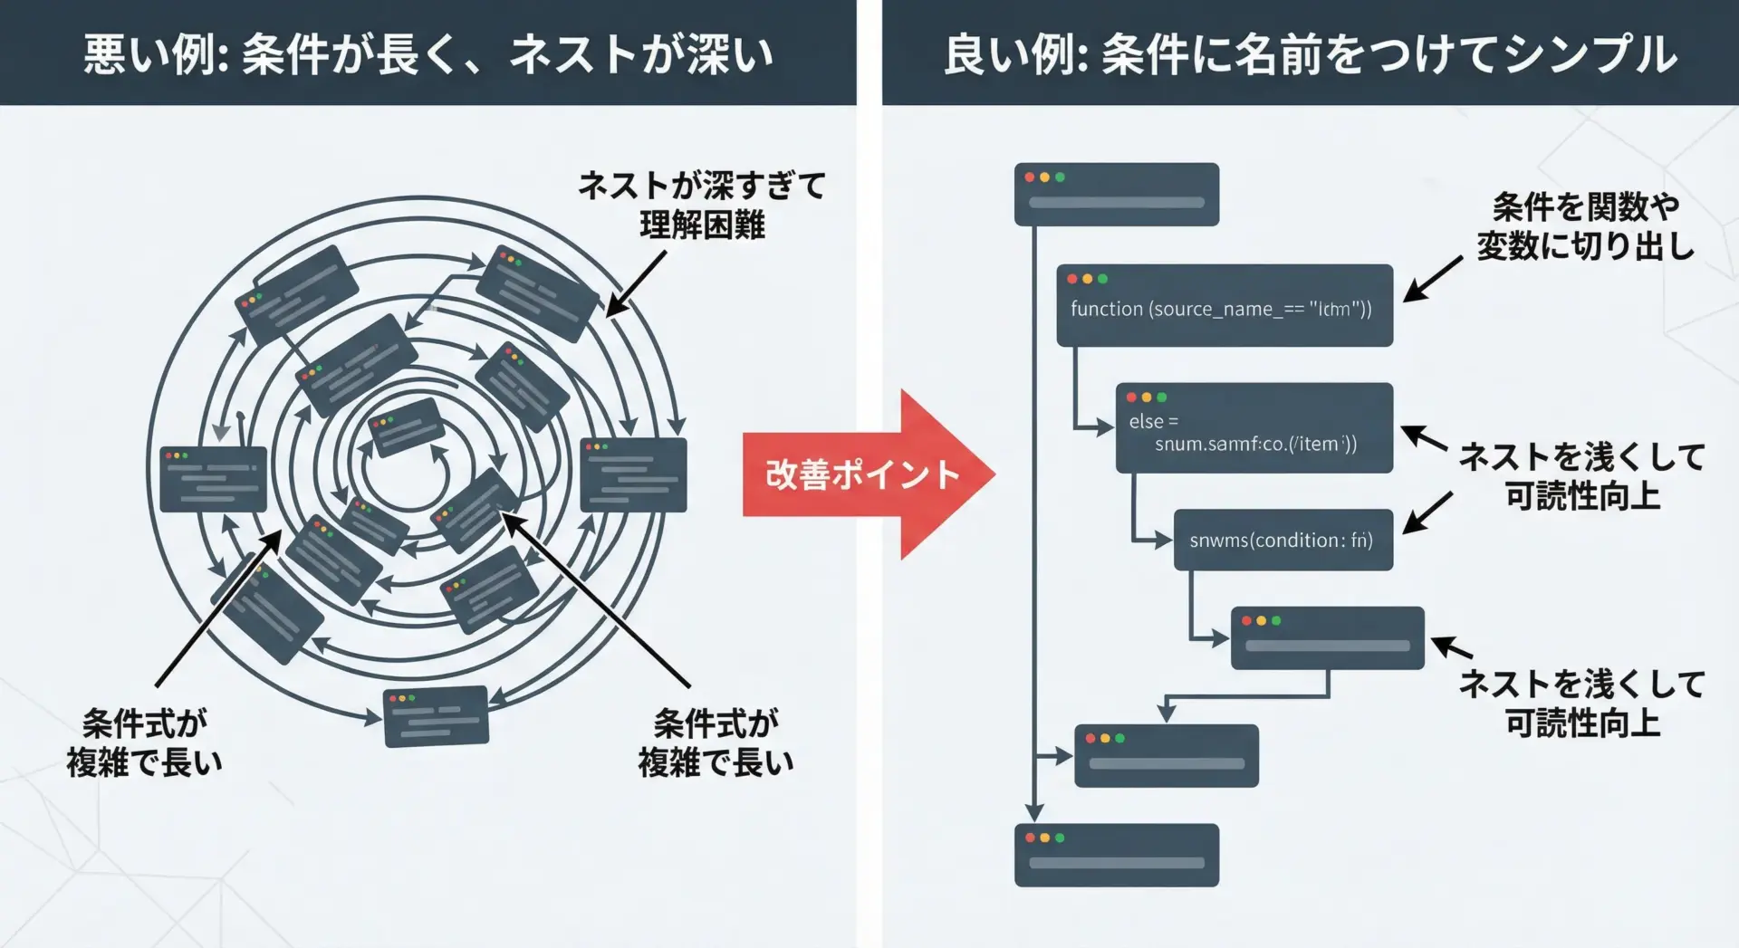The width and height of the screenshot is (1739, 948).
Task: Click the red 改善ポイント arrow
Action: [860, 474]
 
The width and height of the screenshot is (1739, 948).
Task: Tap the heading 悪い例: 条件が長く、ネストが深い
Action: [428, 53]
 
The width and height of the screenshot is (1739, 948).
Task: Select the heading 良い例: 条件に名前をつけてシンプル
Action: [1310, 53]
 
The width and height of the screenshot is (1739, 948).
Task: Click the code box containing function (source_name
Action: [1224, 306]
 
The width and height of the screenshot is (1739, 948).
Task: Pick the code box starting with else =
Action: [1254, 428]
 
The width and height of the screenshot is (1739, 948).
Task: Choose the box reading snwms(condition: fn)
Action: [1283, 540]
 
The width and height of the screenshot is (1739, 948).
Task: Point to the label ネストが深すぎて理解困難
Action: [702, 205]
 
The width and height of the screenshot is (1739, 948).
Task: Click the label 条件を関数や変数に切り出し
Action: [1585, 226]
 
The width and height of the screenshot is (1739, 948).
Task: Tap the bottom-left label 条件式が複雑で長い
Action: [145, 742]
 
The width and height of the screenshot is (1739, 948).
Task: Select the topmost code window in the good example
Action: [1116, 195]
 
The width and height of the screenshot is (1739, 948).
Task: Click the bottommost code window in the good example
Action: [1116, 855]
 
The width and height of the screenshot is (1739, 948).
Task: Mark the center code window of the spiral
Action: [407, 427]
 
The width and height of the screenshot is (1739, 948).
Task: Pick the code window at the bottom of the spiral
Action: [436, 716]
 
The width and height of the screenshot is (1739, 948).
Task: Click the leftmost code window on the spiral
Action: [213, 479]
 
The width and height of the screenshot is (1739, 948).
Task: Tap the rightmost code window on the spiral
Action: [633, 474]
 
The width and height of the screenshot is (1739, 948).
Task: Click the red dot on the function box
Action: [1072, 279]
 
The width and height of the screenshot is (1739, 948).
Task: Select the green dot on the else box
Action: [1162, 397]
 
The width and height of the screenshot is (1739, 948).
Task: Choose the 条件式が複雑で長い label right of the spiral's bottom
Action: [716, 742]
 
